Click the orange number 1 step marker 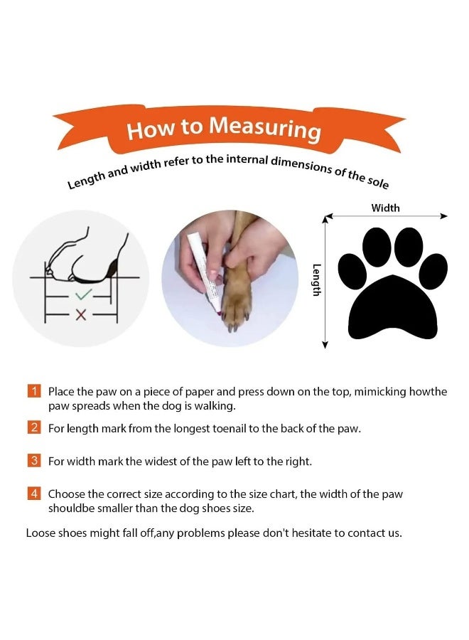click(33, 391)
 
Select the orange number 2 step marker click(33, 427)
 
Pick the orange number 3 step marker click(33, 461)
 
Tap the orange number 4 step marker click(33, 494)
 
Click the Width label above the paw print click(385, 208)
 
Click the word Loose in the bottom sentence click(41, 533)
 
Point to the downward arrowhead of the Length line click(325, 344)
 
